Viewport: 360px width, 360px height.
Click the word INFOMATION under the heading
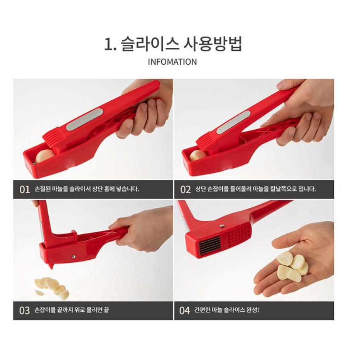172,62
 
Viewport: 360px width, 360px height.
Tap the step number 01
24,189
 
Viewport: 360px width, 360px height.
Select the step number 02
186,189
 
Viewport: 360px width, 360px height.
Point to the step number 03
24,310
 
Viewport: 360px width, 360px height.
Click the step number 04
185,310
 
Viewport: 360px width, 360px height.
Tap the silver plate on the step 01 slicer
84,120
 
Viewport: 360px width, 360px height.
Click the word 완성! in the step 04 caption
252,310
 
